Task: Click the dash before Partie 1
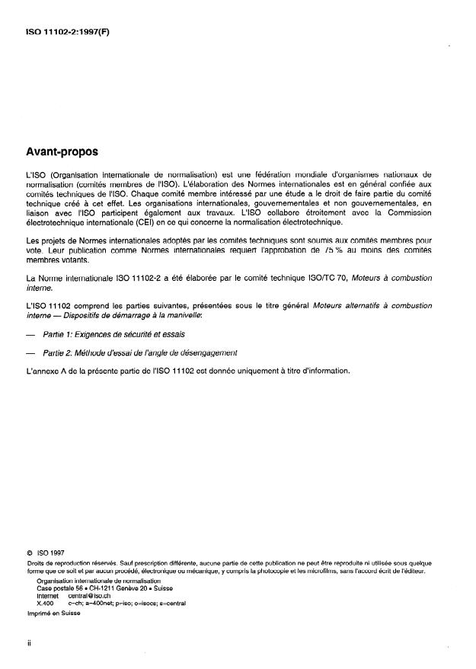pos(30,334)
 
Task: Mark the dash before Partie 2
pos(30,353)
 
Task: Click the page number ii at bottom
pos(28,643)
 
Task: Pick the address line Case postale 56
pos(64,588)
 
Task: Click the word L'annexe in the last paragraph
pos(43,371)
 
